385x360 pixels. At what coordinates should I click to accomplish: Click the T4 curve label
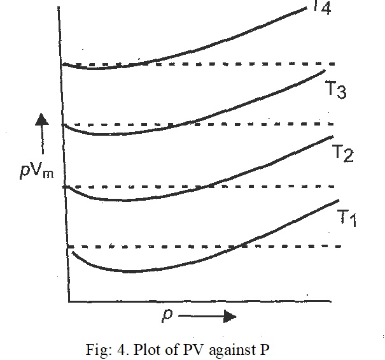(x=323, y=9)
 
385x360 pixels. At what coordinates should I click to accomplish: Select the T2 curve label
(x=344, y=153)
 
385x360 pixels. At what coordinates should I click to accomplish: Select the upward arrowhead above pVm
(x=42, y=119)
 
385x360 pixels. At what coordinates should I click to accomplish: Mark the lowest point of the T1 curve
(x=130, y=271)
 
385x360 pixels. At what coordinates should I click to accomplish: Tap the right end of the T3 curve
(x=325, y=69)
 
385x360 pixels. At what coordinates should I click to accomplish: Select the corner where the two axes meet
(x=68, y=300)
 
